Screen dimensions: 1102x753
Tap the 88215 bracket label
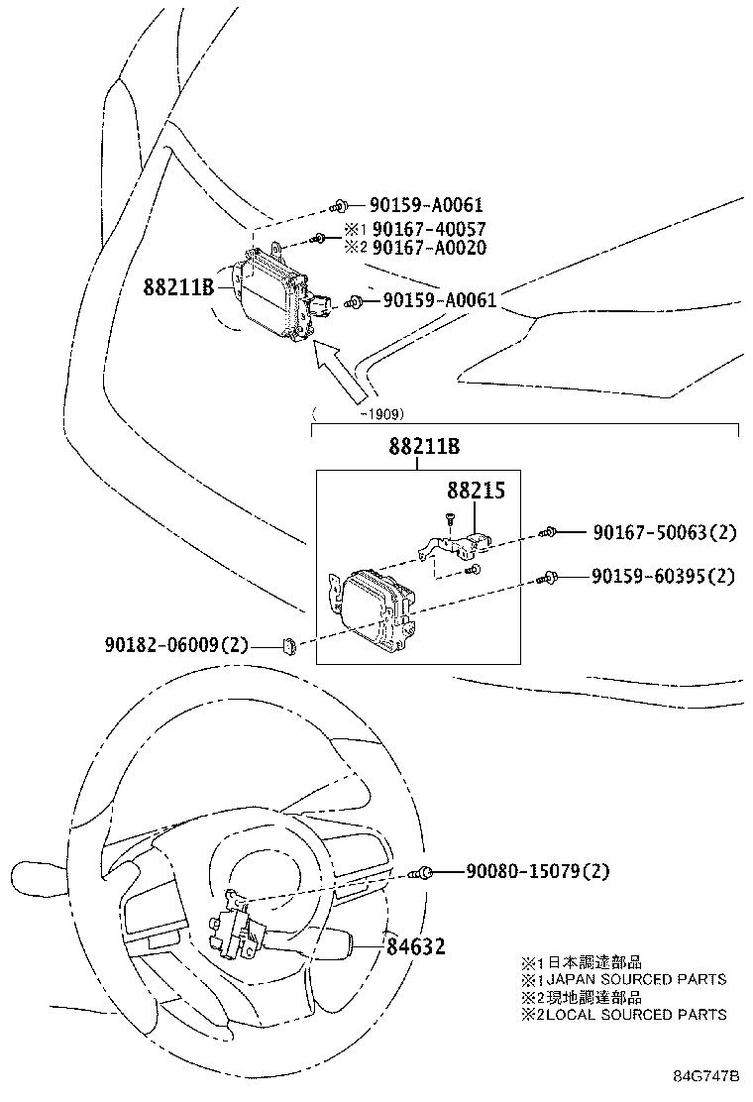coord(476,491)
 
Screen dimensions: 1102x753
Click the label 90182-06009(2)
coord(176,644)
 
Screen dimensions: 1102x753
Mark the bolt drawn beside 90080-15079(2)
coord(425,872)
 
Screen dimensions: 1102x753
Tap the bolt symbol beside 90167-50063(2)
coord(547,533)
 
